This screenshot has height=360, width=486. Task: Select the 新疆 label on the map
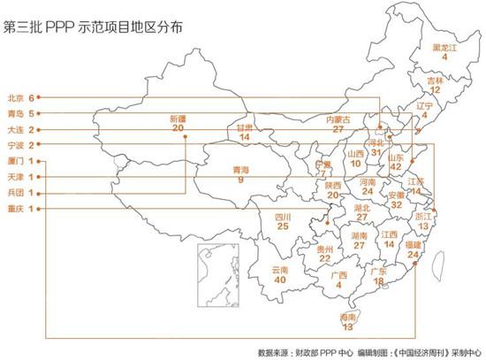178,119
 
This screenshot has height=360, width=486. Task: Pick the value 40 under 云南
280,280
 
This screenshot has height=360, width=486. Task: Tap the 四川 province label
283,216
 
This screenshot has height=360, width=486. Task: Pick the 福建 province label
413,243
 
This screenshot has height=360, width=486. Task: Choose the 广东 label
377,270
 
